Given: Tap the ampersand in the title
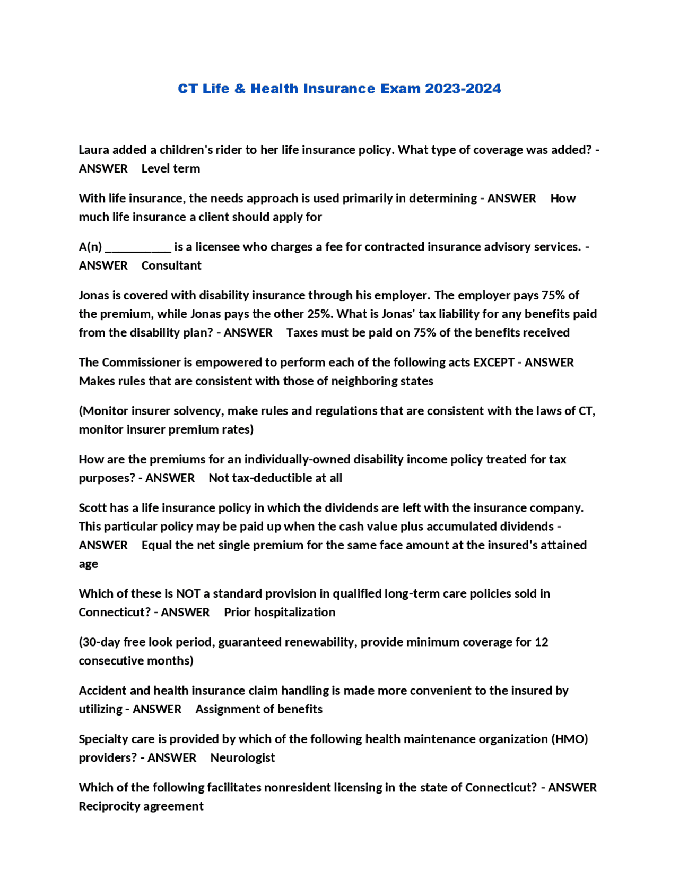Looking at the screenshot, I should (240, 89).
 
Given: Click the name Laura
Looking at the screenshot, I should (94, 150).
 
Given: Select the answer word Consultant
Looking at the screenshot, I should (171, 265).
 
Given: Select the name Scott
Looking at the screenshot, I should (93, 507).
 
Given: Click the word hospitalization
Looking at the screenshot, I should (294, 612).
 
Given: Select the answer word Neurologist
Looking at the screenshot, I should (242, 757).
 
